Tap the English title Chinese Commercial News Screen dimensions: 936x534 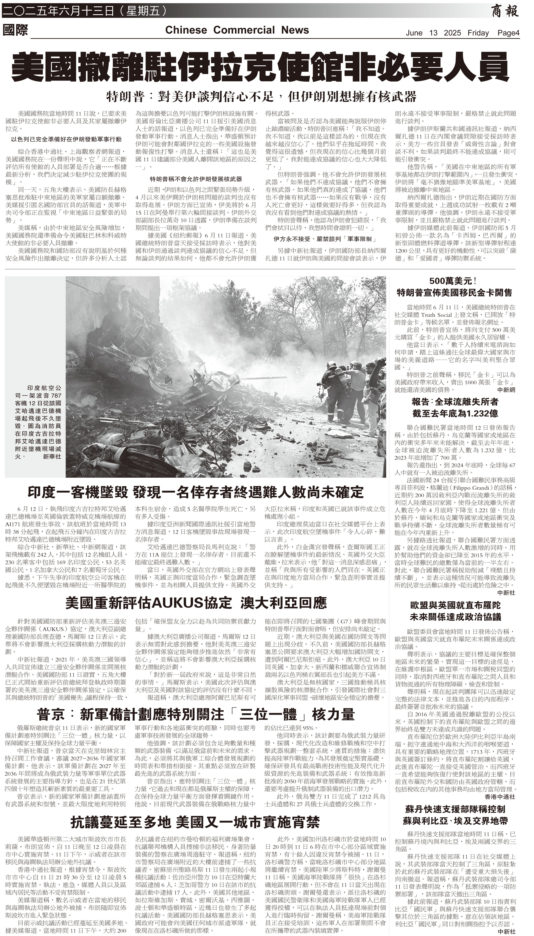point(237,30)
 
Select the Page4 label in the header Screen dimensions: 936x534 point(509,33)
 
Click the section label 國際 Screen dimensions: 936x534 point(15,30)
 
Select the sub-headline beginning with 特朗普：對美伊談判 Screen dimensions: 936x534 point(261,97)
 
